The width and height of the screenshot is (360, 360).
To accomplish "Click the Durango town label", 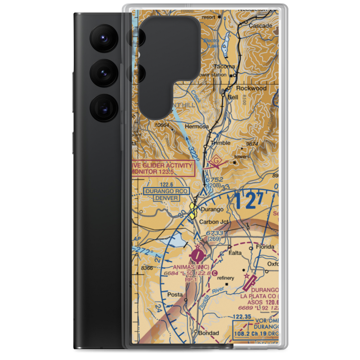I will tap(212, 209).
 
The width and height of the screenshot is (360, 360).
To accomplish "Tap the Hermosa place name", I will tap(196, 127).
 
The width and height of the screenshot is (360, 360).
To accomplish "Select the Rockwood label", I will tap(251, 88).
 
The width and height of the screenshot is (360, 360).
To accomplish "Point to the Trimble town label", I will tap(220, 143).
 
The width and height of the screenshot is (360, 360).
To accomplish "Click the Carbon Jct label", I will tap(214, 222).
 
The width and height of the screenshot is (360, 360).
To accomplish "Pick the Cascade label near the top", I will tap(260, 26).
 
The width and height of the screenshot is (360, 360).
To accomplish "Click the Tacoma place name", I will tap(224, 67).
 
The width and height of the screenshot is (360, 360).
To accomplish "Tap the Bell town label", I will tap(233, 97).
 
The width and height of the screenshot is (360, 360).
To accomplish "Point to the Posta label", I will tap(175, 294).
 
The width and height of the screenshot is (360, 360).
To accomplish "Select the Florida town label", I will tap(265, 247).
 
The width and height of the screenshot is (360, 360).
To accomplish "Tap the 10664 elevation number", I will tap(162, 125).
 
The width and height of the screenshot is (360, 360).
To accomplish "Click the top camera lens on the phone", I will tap(104, 38).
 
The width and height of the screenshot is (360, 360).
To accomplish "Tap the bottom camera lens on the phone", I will tap(104, 108).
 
